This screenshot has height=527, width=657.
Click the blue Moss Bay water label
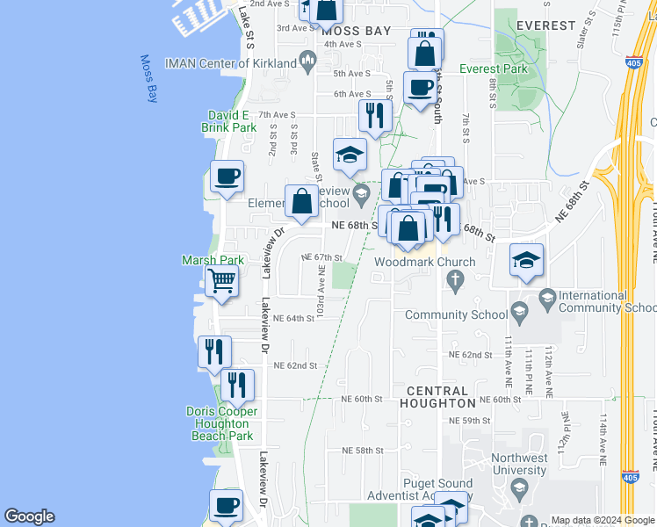tap(148, 79)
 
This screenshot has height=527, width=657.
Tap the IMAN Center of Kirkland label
tap(242, 61)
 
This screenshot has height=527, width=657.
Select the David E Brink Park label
tap(232, 121)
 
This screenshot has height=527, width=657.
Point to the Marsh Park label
tap(213, 260)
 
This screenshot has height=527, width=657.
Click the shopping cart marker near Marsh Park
tap(221, 282)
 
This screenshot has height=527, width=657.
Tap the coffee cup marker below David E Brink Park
tap(227, 177)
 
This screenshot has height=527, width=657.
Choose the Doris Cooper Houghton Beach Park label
tap(221, 423)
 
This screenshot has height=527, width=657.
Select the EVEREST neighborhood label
tap(545, 25)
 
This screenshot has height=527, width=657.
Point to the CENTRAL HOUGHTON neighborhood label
tap(438, 396)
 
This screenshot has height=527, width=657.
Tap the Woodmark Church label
tap(424, 262)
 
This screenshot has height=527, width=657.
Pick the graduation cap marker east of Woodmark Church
tap(526, 260)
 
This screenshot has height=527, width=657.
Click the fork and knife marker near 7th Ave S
tap(375, 115)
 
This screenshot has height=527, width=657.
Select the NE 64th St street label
tap(293, 319)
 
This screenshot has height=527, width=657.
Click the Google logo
tap(29, 516)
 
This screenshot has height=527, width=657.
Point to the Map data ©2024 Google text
tap(602, 520)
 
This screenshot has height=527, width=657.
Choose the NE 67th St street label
tap(321, 257)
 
